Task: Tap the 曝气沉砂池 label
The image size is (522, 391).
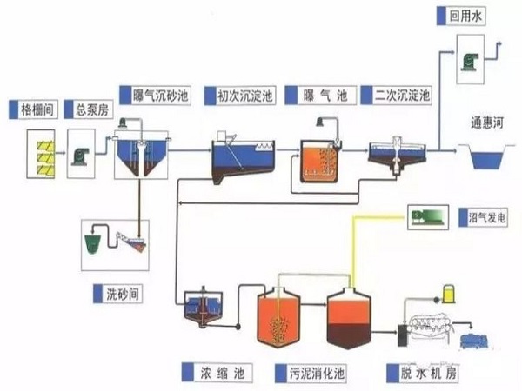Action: [152, 95]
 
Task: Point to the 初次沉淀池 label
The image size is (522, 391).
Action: [238, 95]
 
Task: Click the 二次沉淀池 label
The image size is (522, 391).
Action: [403, 95]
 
